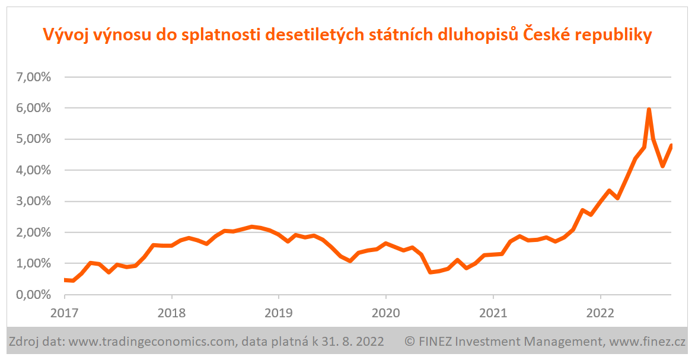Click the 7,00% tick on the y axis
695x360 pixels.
click(x=32, y=77)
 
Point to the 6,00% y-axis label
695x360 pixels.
click(x=32, y=108)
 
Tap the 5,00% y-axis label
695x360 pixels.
click(x=32, y=139)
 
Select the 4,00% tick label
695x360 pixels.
click(x=32, y=170)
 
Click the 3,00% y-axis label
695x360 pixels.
click(x=32, y=201)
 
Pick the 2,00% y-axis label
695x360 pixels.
click(x=32, y=232)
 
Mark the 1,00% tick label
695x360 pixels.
click(x=32, y=263)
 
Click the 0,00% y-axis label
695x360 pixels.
click(x=32, y=295)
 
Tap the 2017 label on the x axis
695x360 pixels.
click(x=64, y=312)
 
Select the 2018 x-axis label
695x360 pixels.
click(x=171, y=312)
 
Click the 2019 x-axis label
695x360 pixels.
click(x=279, y=312)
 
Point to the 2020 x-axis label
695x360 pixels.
click(x=386, y=312)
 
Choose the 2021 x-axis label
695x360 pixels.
click(x=493, y=312)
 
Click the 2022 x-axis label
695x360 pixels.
click(x=601, y=312)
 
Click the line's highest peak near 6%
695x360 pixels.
click(x=649, y=110)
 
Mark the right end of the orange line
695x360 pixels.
click(x=671, y=145)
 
